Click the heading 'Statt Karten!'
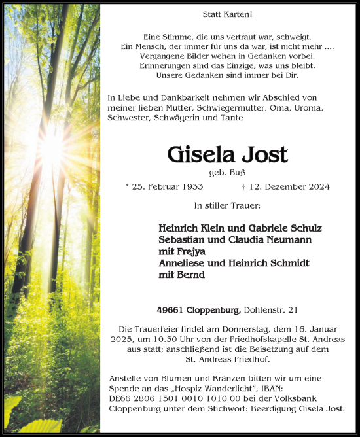pyautogui.click(x=227, y=14)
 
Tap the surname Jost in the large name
pyautogui.click(x=265, y=154)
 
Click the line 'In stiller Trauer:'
pyautogui.click(x=227, y=205)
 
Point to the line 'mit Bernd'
pyautogui.click(x=181, y=275)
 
